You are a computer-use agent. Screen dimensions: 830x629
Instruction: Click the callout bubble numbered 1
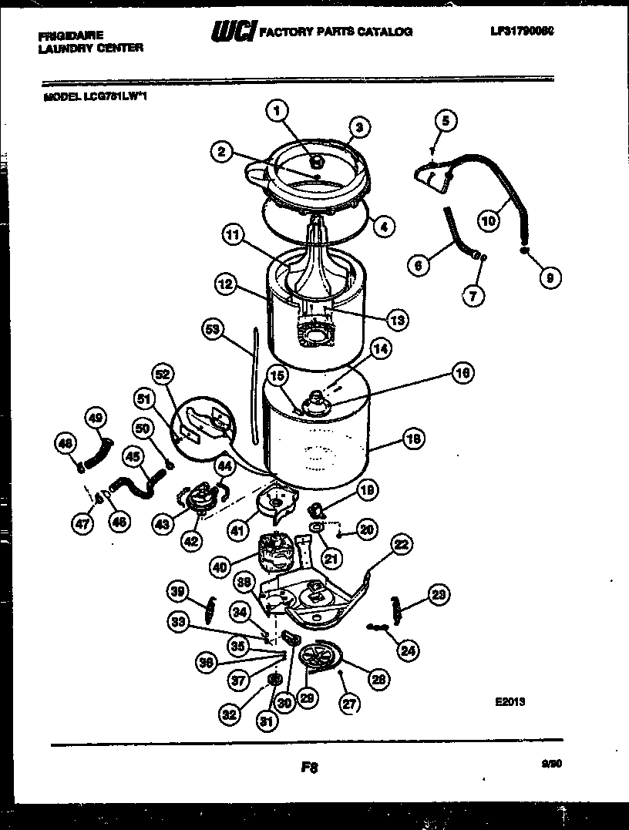276,112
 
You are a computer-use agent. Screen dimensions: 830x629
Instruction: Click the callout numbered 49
94,418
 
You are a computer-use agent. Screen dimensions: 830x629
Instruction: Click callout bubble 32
229,714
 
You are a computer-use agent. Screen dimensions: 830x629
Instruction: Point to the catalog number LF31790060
522,32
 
